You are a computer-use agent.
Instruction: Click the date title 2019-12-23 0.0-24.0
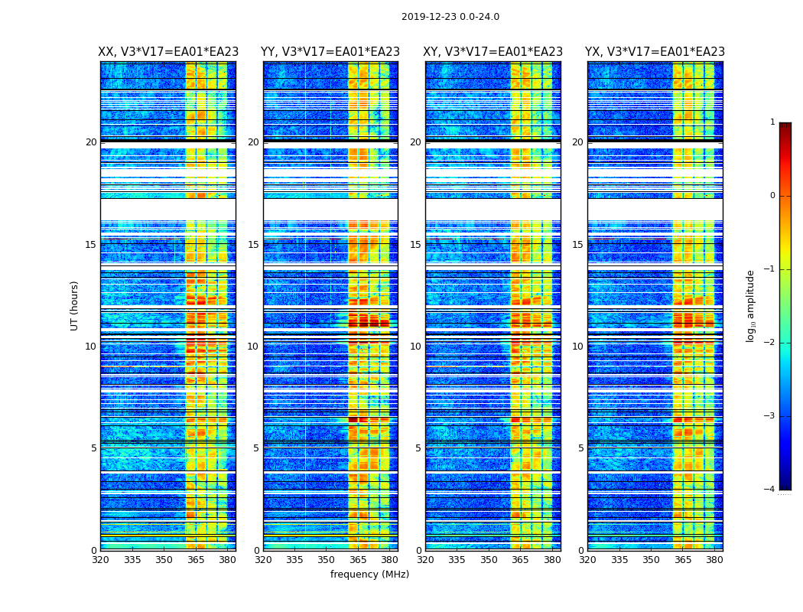click(x=450, y=17)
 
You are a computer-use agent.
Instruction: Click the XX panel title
click(x=168, y=52)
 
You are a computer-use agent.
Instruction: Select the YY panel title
click(x=330, y=52)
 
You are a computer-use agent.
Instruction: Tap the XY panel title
click(x=493, y=52)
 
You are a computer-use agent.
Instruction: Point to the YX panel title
click(x=655, y=52)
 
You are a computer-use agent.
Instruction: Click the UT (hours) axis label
click(x=75, y=305)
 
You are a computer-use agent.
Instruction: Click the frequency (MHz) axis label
click(x=369, y=575)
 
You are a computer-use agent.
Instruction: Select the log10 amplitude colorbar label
click(x=751, y=305)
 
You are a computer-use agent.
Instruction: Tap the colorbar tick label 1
click(x=772, y=122)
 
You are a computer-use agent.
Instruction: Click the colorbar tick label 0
click(x=772, y=196)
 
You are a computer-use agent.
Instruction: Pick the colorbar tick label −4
click(x=770, y=490)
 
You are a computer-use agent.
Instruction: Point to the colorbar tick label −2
click(x=770, y=343)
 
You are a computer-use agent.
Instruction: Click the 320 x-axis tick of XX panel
click(x=101, y=559)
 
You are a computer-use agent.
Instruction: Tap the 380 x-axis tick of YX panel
click(x=714, y=559)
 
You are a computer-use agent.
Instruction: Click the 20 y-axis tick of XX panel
click(x=91, y=142)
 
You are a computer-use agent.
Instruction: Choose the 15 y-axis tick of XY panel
click(x=415, y=245)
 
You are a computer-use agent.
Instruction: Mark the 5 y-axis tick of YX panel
click(x=581, y=448)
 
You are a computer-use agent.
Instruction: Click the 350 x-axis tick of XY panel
click(x=489, y=559)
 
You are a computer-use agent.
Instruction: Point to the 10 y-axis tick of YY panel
click(x=253, y=347)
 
